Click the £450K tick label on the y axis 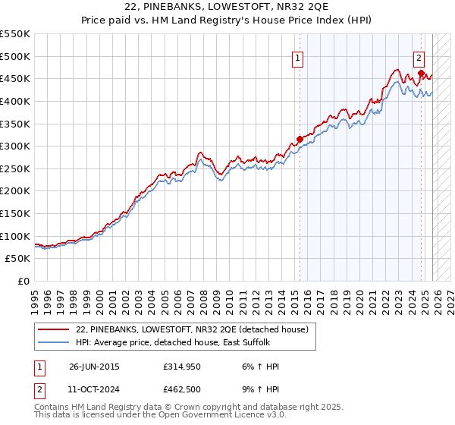[15, 78]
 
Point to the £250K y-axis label [15, 168]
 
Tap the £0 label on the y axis [23, 282]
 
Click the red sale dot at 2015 [300, 139]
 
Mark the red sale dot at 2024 [420, 73]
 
